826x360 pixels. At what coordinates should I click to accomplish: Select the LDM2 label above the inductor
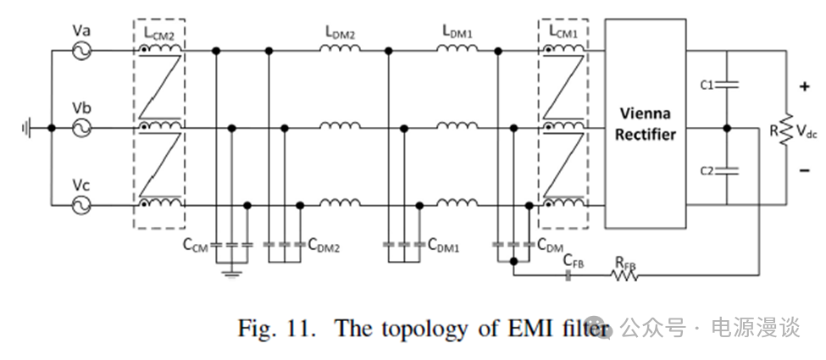339,31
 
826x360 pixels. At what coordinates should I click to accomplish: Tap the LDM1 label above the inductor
457,31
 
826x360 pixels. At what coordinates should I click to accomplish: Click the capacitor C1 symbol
727,85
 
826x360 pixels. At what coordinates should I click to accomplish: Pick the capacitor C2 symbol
727,170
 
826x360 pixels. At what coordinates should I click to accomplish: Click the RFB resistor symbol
625,274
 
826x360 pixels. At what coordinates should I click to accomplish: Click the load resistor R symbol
785,129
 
